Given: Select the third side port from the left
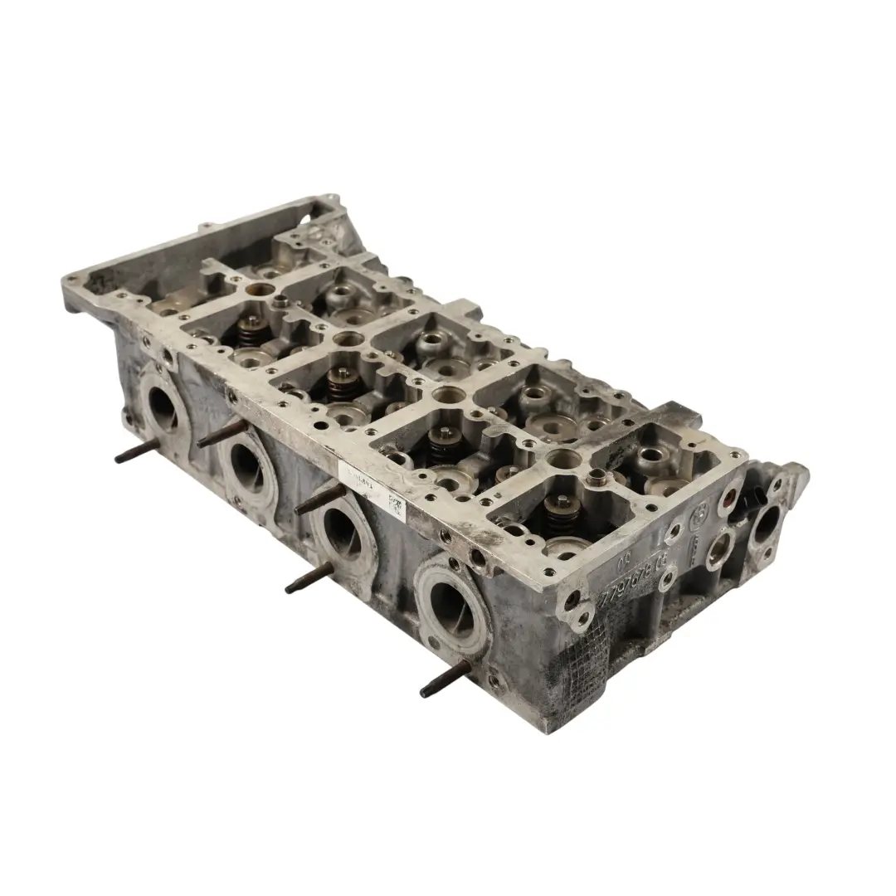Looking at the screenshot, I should [341, 528].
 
